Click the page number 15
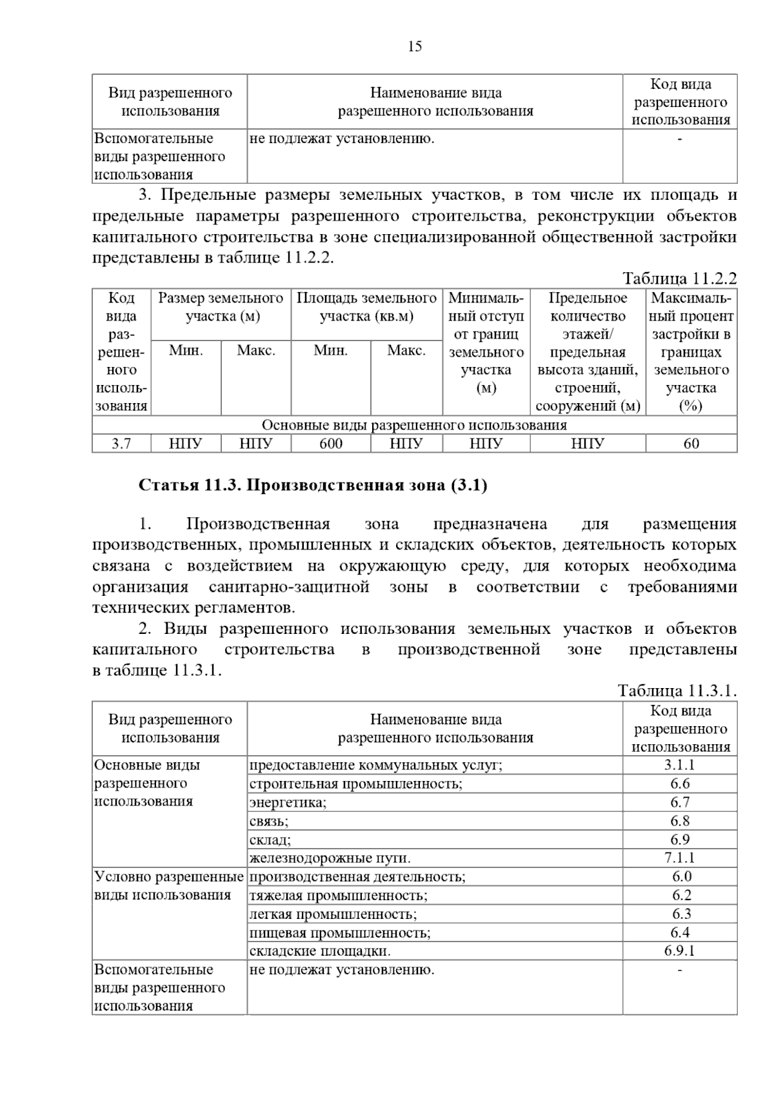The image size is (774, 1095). pos(415,46)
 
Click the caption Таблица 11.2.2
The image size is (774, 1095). pos(679,279)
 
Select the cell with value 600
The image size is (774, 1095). pos(331,444)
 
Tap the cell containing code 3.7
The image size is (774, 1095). pos(121,444)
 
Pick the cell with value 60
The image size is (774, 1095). pos(691,444)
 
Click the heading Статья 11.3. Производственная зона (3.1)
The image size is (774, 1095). pos(313,485)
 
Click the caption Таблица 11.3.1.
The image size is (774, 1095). pos(677,691)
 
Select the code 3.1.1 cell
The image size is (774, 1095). pos(680,765)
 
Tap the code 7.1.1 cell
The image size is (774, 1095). pos(680,858)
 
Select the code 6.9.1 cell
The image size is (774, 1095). pos(680,951)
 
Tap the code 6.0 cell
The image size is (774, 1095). pos(680,877)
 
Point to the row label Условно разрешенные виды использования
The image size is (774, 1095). pos(169,886)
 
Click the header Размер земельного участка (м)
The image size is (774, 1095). pos(221,308)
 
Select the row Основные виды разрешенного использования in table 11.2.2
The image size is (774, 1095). pos(414,426)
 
